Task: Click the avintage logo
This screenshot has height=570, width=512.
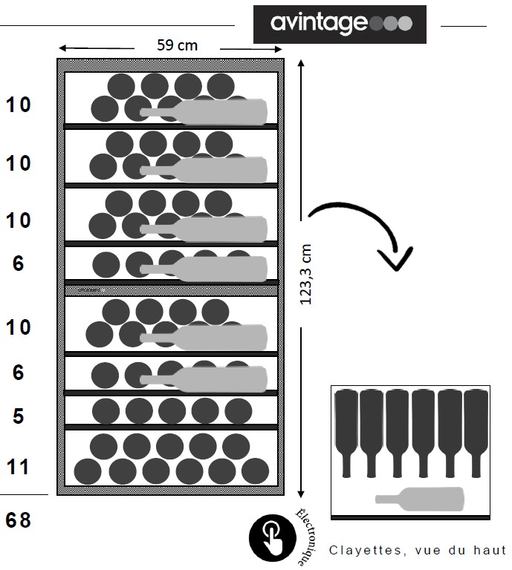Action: tap(340, 24)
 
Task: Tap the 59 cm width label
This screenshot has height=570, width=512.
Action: tap(177, 45)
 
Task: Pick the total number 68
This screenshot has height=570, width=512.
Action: tap(19, 520)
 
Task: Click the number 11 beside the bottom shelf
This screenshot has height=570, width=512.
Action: tap(19, 467)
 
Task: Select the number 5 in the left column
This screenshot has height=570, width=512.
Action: tap(19, 416)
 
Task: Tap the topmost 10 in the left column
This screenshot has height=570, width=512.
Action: tap(19, 105)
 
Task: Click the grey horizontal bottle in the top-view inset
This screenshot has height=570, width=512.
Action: tap(420, 498)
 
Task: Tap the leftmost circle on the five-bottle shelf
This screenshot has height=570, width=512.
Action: tap(106, 410)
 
